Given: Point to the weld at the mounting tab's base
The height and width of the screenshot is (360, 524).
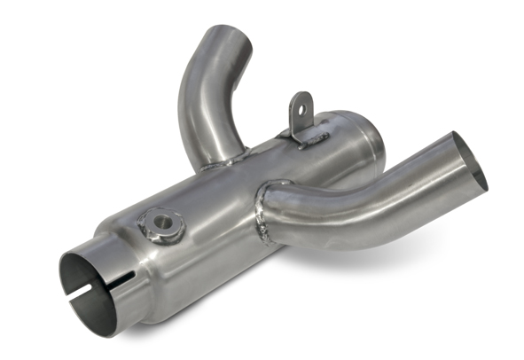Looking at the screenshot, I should click(x=306, y=139).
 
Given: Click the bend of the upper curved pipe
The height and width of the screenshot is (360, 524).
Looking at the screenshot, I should click(x=197, y=89).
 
